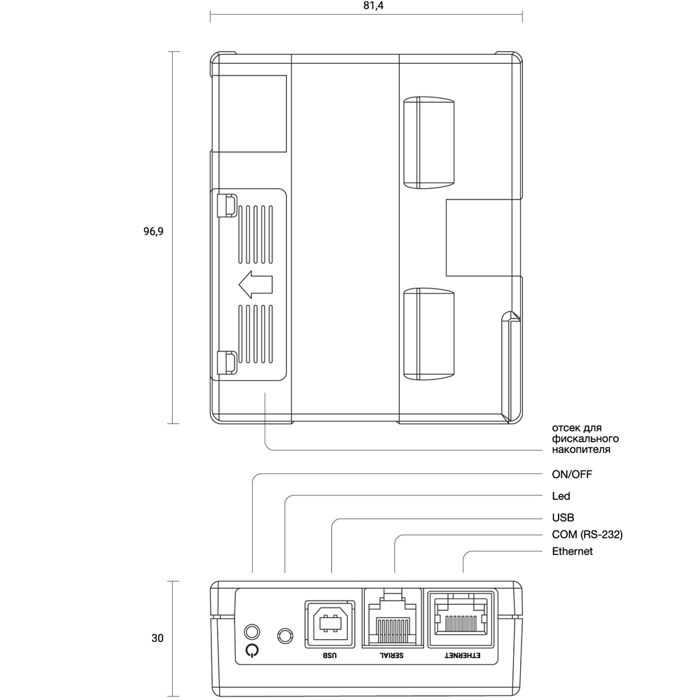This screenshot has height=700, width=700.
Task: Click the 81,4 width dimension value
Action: point(373,6)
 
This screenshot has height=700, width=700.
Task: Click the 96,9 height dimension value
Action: point(153,231)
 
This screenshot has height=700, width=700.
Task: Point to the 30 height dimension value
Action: point(157,638)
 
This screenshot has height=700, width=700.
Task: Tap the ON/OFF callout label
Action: point(572,474)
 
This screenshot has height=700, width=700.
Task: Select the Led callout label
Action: point(561,496)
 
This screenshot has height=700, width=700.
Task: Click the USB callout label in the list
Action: point(563,517)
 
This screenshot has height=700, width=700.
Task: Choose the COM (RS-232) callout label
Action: point(587,534)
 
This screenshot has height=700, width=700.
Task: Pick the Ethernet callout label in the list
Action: point(573,552)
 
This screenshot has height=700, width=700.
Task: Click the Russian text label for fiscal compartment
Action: point(585,438)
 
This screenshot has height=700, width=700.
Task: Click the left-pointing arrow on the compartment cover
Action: point(255,284)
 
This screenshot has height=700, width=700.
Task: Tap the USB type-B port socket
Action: point(330,624)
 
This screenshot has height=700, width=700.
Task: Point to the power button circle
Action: point(252,632)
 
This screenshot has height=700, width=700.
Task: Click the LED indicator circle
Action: point(286,636)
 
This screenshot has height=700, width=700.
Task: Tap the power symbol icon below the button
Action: point(252,650)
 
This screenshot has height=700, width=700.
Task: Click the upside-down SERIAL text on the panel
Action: point(391,655)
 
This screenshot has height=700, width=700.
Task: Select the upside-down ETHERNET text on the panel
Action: point(462,655)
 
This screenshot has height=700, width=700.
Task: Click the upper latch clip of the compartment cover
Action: point(227,205)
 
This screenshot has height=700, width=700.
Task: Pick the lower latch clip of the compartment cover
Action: point(227,363)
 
